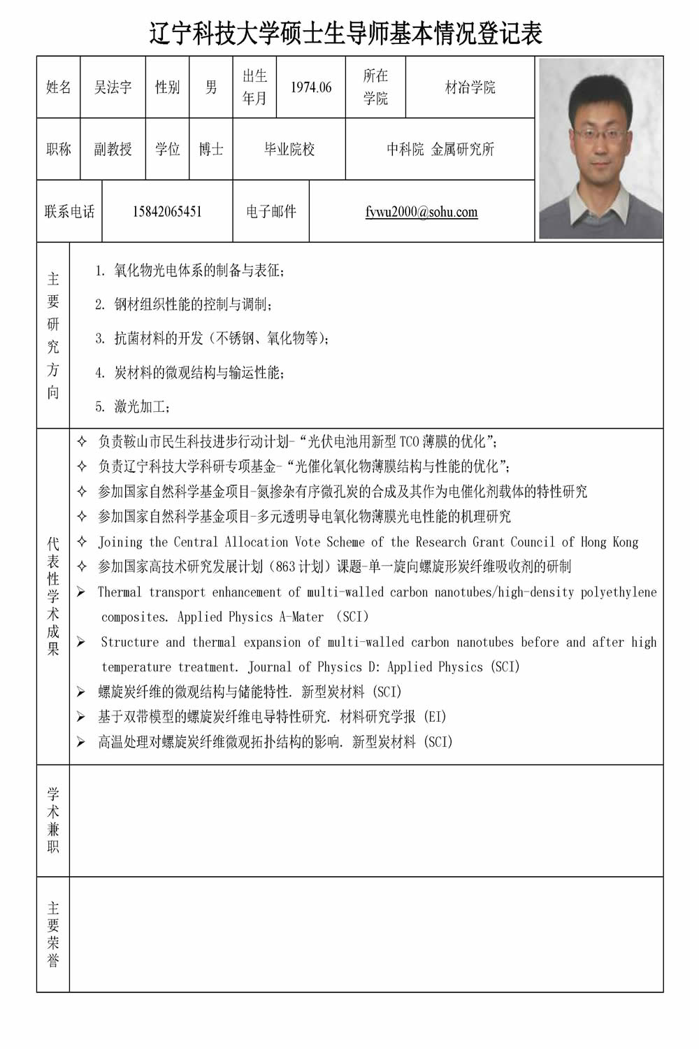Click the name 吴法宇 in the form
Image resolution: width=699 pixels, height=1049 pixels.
pyautogui.click(x=113, y=87)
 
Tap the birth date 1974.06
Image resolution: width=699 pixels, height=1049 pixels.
pyautogui.click(x=311, y=87)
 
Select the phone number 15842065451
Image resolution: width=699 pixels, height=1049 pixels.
pyautogui.click(x=167, y=212)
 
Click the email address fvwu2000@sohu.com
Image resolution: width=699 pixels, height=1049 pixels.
pyautogui.click(x=421, y=212)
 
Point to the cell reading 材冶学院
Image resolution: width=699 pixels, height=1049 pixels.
pyautogui.click(x=470, y=87)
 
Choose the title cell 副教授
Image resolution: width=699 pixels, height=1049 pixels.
pyautogui.click(x=113, y=149)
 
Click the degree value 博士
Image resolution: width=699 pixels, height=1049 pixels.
pyautogui.click(x=210, y=149)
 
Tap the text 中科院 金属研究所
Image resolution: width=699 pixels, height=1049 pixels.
pyautogui.click(x=440, y=149)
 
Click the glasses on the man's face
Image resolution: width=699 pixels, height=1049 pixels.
pyautogui.click(x=599, y=132)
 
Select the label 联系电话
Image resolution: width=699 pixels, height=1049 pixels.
pyautogui.click(x=69, y=212)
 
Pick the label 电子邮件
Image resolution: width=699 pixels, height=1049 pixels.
pyautogui.click(x=271, y=212)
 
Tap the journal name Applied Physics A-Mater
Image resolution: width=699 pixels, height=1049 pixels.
pyautogui.click(x=250, y=617)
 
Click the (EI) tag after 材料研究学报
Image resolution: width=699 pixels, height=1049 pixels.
pyautogui.click(x=435, y=717)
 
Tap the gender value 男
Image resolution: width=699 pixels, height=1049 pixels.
pyautogui.click(x=210, y=87)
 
